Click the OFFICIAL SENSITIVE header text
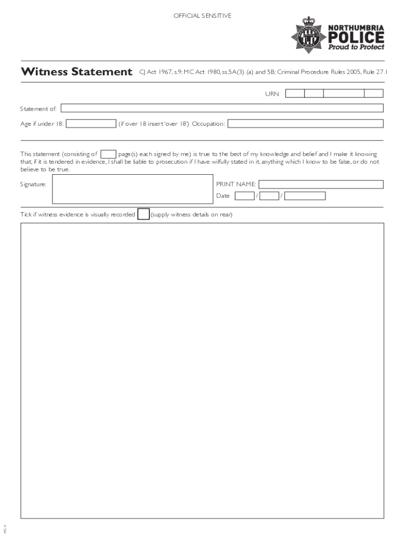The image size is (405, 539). point(202,16)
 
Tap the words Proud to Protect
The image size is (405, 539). point(356,47)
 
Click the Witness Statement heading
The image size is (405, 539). point(76,72)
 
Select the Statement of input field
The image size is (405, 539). point(222,108)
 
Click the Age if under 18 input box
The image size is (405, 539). point(91,124)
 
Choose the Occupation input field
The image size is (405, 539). point(305,124)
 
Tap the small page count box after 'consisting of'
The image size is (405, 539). point(108,154)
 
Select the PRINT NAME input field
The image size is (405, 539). point(321,184)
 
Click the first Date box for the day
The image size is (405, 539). point(244,196)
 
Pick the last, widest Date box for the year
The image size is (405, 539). point(305,196)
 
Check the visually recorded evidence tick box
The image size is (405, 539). point(143,214)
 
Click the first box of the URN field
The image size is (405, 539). point(295,94)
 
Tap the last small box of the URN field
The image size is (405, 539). point(373,94)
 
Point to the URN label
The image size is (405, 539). point(271,94)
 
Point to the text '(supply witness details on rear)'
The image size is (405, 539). point(191,215)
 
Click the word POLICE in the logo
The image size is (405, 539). point(356,37)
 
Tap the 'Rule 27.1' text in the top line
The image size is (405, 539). point(374,72)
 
